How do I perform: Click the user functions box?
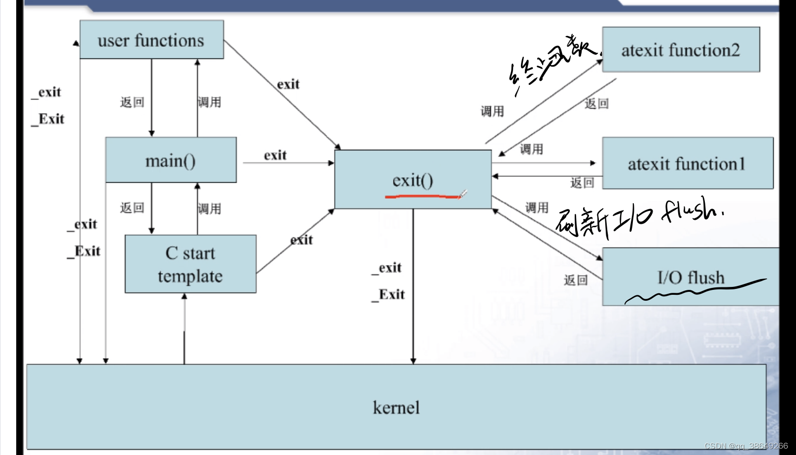click(x=151, y=40)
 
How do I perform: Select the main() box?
click(x=171, y=160)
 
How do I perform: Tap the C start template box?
click(x=190, y=264)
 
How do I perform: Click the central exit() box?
click(x=413, y=179)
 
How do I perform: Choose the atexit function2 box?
click(x=680, y=50)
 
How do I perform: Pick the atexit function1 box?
click(x=687, y=163)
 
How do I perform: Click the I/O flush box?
click(x=691, y=277)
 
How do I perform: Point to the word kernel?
click(x=396, y=408)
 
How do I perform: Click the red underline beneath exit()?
click(x=422, y=197)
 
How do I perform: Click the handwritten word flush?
click(x=690, y=210)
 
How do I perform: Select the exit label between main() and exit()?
click(x=275, y=155)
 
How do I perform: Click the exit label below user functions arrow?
click(x=288, y=84)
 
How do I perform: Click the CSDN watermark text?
click(x=745, y=446)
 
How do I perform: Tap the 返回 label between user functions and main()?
click(x=132, y=102)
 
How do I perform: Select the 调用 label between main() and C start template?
click(x=209, y=209)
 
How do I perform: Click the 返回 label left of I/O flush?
click(x=576, y=280)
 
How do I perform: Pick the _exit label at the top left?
click(x=46, y=92)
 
